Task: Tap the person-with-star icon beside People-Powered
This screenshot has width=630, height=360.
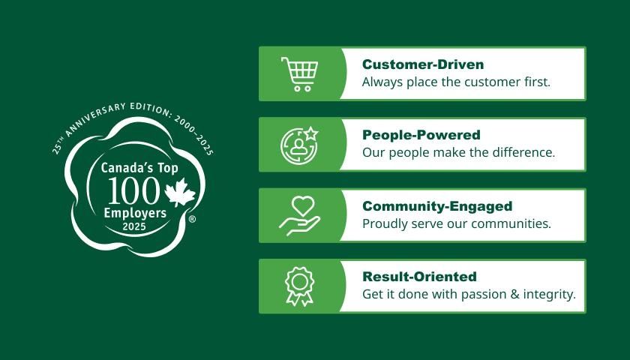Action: pyautogui.click(x=299, y=144)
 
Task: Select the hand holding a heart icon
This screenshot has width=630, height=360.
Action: pyautogui.click(x=299, y=214)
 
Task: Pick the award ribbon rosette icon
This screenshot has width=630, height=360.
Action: pyautogui.click(x=299, y=286)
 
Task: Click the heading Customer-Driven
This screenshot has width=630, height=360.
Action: pyautogui.click(x=423, y=64)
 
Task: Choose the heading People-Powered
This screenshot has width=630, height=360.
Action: pyautogui.click(x=421, y=135)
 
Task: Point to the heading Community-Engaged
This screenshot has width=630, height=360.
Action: pyautogui.click(x=437, y=205)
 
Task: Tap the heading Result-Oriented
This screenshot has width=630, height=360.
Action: pyautogui.click(x=419, y=276)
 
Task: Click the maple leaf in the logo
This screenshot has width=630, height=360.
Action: pyautogui.click(x=179, y=193)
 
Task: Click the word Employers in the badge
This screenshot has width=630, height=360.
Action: pyautogui.click(x=136, y=214)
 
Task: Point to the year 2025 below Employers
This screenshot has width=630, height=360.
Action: pyautogui.click(x=136, y=226)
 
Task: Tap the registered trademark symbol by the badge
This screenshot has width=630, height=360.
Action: pyautogui.click(x=192, y=220)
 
